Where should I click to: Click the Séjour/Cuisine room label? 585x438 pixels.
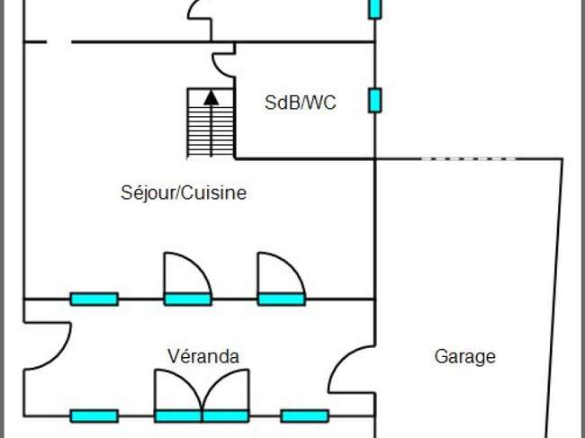tap(184, 193)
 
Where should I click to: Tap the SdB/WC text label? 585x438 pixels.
tap(300, 103)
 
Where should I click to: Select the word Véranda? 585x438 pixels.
tap(203, 356)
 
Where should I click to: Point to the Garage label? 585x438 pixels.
tap(465, 357)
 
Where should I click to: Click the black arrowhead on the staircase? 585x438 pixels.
tap(211, 98)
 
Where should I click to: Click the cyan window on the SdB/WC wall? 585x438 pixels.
tap(375, 100)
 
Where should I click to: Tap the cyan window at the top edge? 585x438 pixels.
tap(375, 8)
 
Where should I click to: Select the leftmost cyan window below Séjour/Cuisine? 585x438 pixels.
tap(94, 299)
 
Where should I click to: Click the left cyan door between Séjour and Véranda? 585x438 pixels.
tap(188, 299)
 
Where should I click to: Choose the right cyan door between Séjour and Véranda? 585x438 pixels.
tap(282, 299)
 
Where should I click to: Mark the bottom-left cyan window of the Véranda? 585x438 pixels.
tap(94, 416)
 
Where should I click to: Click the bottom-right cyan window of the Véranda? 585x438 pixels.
tap(305, 416)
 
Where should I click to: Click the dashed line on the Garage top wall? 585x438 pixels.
tap(469, 159)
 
